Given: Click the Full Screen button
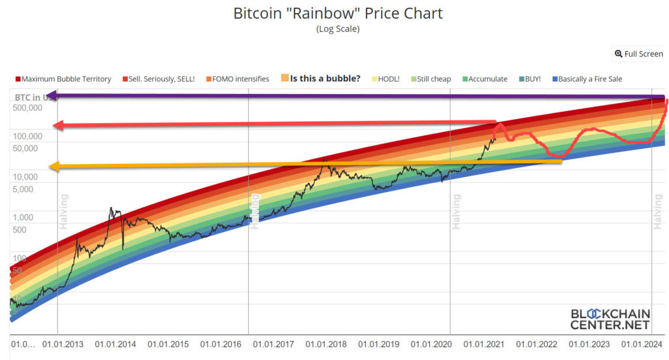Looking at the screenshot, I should (639, 54).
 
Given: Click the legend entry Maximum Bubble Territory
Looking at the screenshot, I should (63, 79).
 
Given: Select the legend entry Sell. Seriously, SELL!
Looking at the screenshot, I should (159, 79).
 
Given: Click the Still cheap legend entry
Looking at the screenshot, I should (430, 79).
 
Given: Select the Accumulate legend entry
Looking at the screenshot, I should (483, 79).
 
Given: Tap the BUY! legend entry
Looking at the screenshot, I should (530, 79).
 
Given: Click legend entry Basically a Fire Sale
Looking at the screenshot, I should (587, 79).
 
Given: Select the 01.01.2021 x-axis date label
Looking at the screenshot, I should (485, 344).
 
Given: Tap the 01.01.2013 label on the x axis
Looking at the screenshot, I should (63, 344).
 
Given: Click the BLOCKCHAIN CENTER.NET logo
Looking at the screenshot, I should (610, 319).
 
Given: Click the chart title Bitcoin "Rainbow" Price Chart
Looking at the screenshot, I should (338, 13).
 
